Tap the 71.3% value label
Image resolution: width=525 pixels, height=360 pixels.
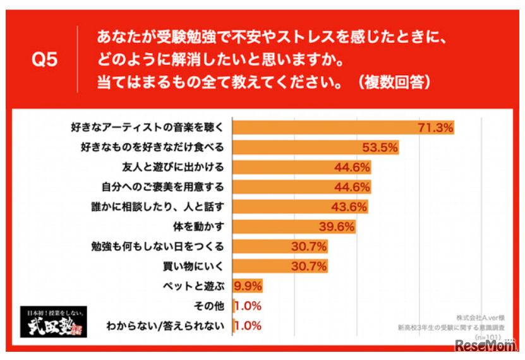[436, 128]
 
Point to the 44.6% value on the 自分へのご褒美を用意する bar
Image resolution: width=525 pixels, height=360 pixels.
[351, 187]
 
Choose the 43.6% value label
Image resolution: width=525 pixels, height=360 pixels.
[349, 207]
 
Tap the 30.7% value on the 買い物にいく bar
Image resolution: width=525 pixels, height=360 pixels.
[309, 266]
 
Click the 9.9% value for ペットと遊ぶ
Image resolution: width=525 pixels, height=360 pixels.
[248, 286]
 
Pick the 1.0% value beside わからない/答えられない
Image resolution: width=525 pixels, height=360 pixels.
[248, 326]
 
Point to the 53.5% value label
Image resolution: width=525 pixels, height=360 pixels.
[380, 148]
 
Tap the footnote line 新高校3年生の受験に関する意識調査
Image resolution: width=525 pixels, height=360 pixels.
[449, 327]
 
